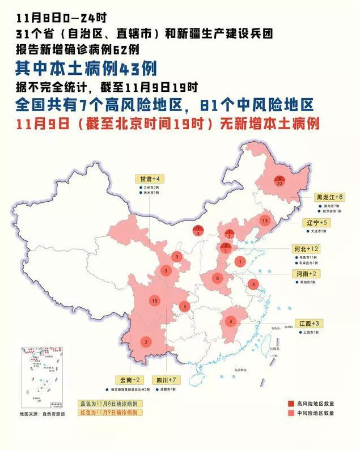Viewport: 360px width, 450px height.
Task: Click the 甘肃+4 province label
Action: [x=149, y=178]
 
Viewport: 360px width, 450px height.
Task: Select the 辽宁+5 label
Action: [x=316, y=223]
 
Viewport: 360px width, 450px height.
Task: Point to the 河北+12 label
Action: [x=307, y=249]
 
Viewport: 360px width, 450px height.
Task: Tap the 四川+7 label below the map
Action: [x=167, y=380]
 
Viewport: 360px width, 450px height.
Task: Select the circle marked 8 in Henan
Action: [x=218, y=278]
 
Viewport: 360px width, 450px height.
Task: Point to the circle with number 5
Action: [x=166, y=271]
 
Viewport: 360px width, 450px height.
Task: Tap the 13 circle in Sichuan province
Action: [x=154, y=300]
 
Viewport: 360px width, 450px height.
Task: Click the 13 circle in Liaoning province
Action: [x=264, y=220]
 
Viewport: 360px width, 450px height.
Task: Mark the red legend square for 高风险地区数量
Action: [x=291, y=404]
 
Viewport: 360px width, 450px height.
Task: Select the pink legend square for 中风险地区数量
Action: [x=291, y=413]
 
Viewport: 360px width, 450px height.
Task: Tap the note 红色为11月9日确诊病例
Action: [x=111, y=413]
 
